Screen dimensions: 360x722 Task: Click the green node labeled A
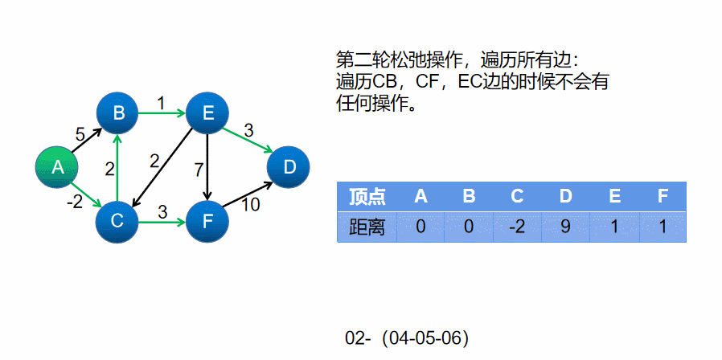pyautogui.click(x=57, y=167)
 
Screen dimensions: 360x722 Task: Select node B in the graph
pyautogui.click(x=118, y=113)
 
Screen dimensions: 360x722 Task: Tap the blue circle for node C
pyautogui.click(x=117, y=219)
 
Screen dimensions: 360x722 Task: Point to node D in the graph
pyautogui.click(x=289, y=167)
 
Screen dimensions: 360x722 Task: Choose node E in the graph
pyautogui.click(x=207, y=113)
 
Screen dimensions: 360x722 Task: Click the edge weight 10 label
pyautogui.click(x=250, y=205)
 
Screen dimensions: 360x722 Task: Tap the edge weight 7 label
pyautogui.click(x=199, y=170)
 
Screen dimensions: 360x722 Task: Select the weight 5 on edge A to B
pyautogui.click(x=80, y=134)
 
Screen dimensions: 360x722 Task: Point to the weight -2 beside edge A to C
pyautogui.click(x=74, y=202)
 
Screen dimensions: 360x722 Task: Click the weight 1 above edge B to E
pyautogui.click(x=161, y=102)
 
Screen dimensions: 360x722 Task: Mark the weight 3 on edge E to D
pyautogui.click(x=248, y=129)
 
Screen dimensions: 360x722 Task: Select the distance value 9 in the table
pyautogui.click(x=565, y=227)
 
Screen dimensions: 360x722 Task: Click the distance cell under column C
pyautogui.click(x=517, y=227)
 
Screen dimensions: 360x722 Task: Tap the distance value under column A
pyautogui.click(x=420, y=227)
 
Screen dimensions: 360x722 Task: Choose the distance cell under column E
pyautogui.click(x=614, y=227)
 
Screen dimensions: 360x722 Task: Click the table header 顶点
pyautogui.click(x=367, y=197)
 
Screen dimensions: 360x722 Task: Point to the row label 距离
pyautogui.click(x=367, y=227)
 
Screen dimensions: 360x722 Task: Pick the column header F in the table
pyautogui.click(x=663, y=197)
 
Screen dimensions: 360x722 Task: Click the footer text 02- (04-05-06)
pyautogui.click(x=407, y=338)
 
